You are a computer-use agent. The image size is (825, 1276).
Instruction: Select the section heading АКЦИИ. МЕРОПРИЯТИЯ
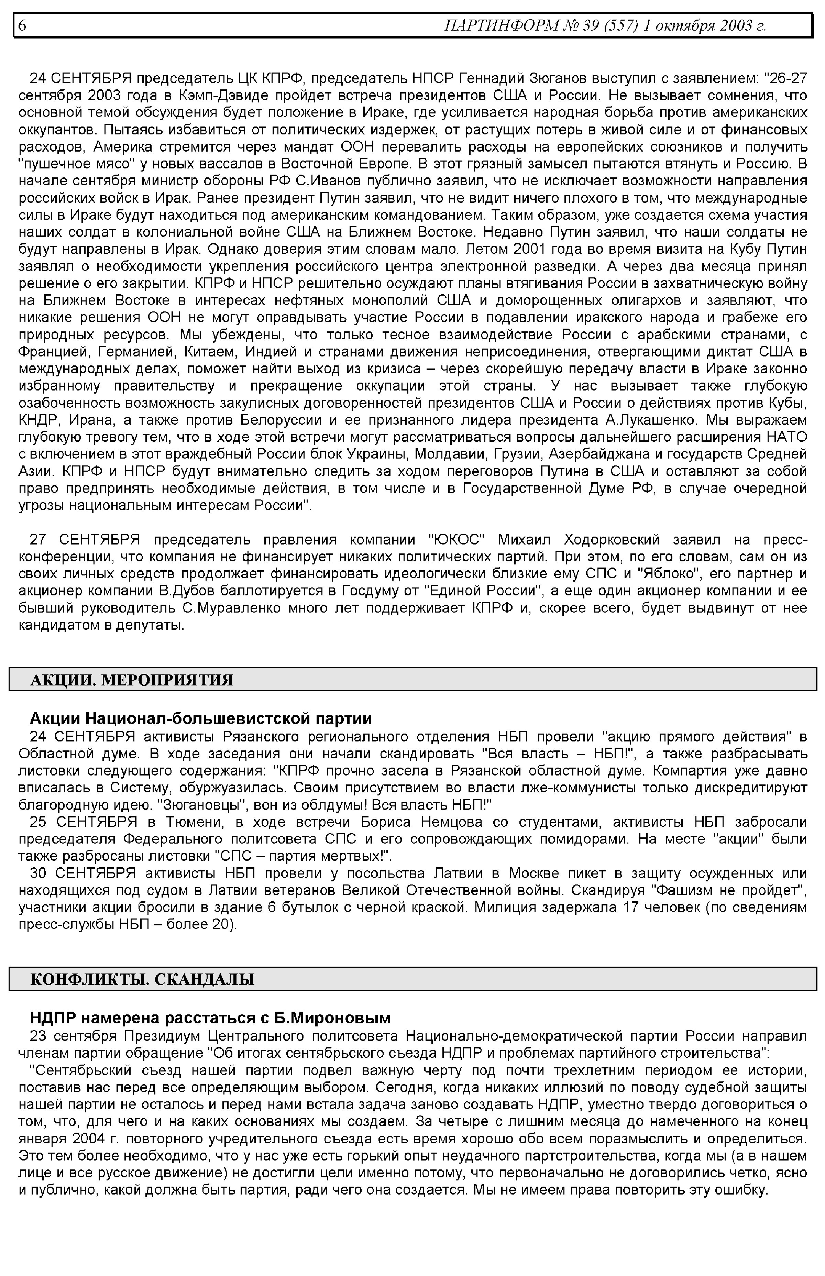pyautogui.click(x=132, y=680)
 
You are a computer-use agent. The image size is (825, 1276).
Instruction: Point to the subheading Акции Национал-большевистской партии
pyautogui.click(x=201, y=718)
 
